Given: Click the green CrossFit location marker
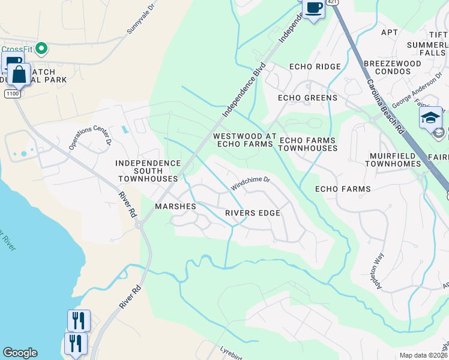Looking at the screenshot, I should click(x=41, y=48).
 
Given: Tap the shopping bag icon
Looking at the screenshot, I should click(x=19, y=74).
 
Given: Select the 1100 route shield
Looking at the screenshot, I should click(x=12, y=94).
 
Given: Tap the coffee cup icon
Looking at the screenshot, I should click(x=313, y=9).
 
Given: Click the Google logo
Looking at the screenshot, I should click(x=20, y=353).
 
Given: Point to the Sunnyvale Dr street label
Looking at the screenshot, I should click(x=141, y=25).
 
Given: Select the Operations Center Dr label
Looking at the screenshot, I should click(x=90, y=137).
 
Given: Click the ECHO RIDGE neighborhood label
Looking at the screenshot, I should click(x=315, y=67).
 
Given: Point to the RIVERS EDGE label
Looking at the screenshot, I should click(x=253, y=213).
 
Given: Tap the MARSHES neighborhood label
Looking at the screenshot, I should click(x=176, y=206).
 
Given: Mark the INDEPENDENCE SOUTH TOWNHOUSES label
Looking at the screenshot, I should click(x=148, y=171).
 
